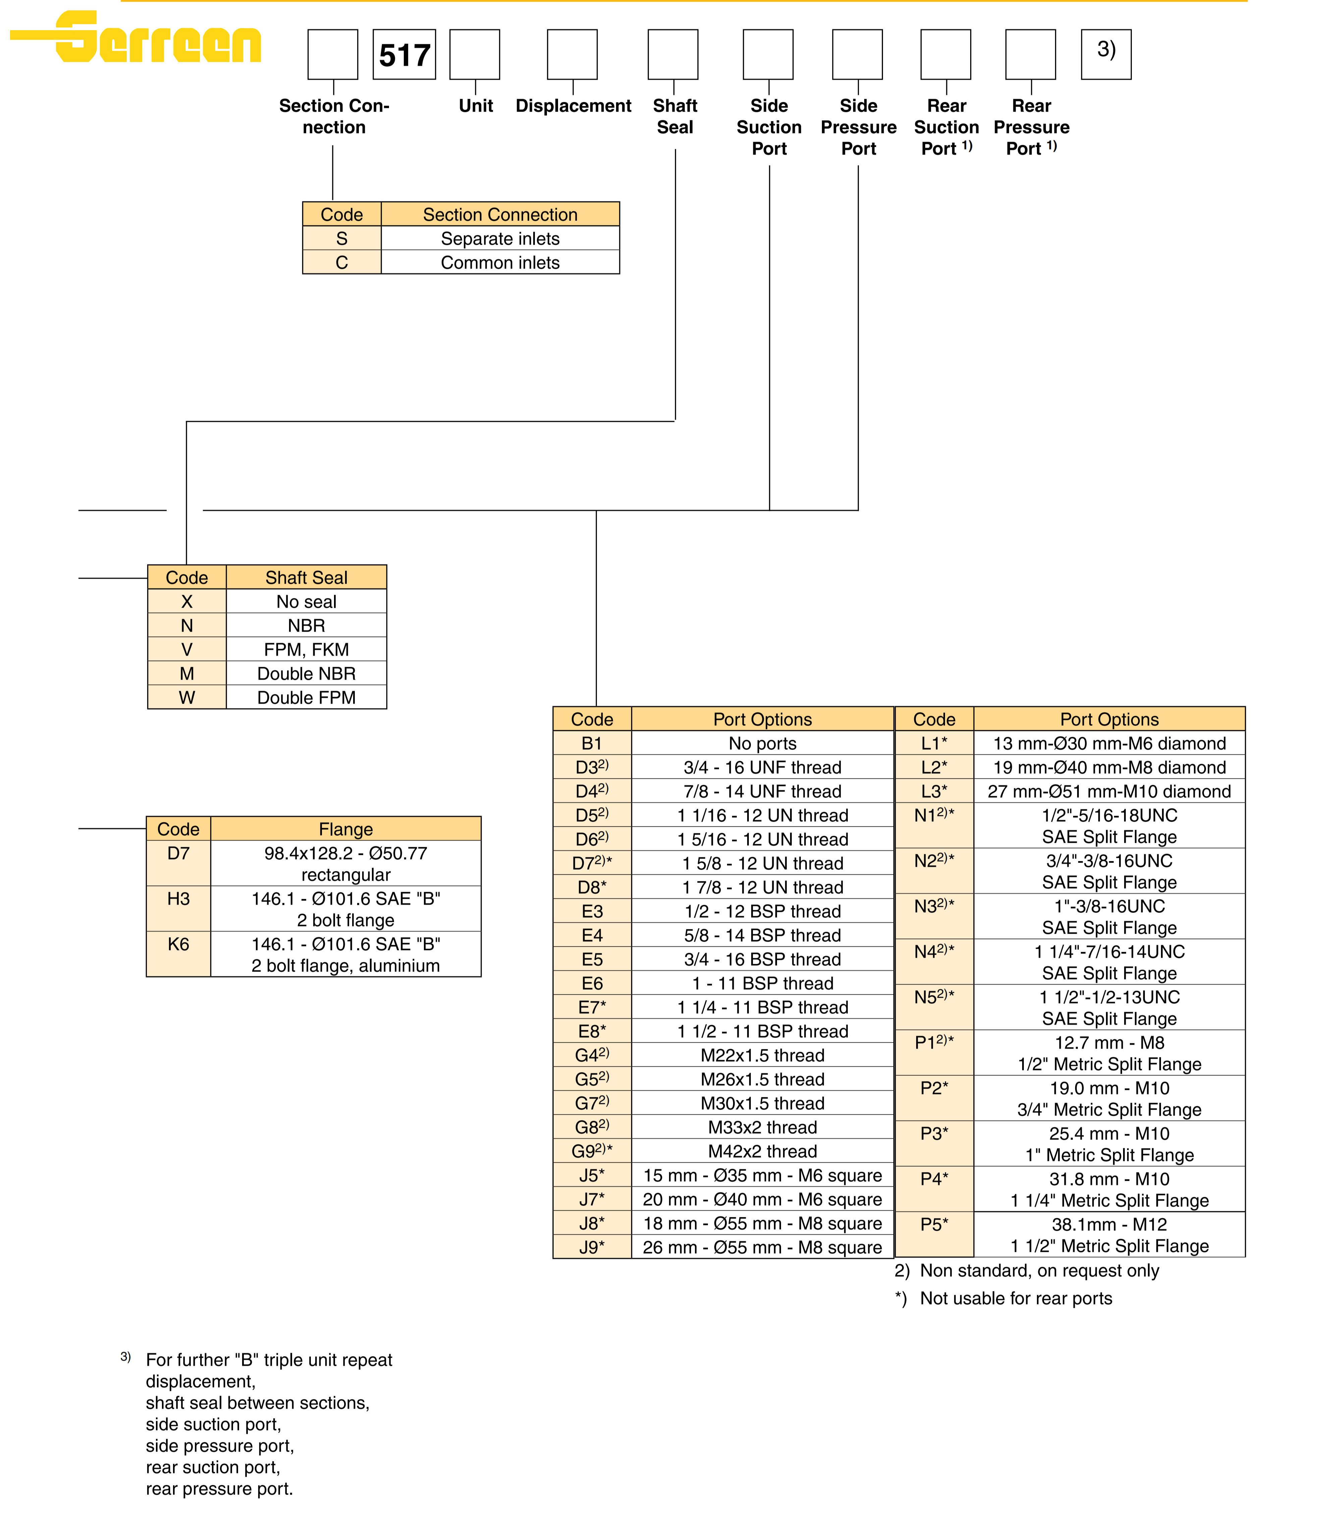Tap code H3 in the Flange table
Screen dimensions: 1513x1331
coord(178,898)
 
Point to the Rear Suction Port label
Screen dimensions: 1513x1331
coord(946,127)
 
